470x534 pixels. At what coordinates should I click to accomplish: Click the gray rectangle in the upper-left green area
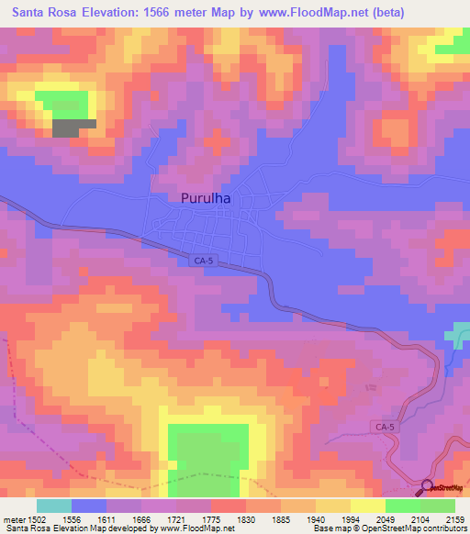pos(73,128)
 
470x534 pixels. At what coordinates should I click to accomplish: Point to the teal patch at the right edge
pos(458,335)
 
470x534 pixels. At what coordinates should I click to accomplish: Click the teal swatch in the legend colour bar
pos(53,506)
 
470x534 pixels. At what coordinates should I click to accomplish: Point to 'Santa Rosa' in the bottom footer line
pos(24,528)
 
